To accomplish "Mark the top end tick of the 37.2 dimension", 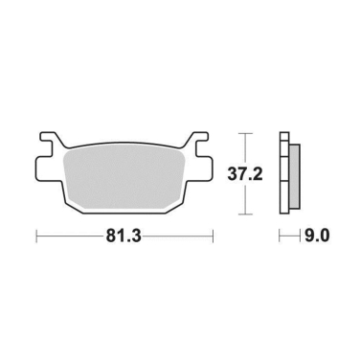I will tap(247, 132).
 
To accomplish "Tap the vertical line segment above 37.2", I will tap(247, 146).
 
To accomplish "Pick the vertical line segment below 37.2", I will tap(247, 199).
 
